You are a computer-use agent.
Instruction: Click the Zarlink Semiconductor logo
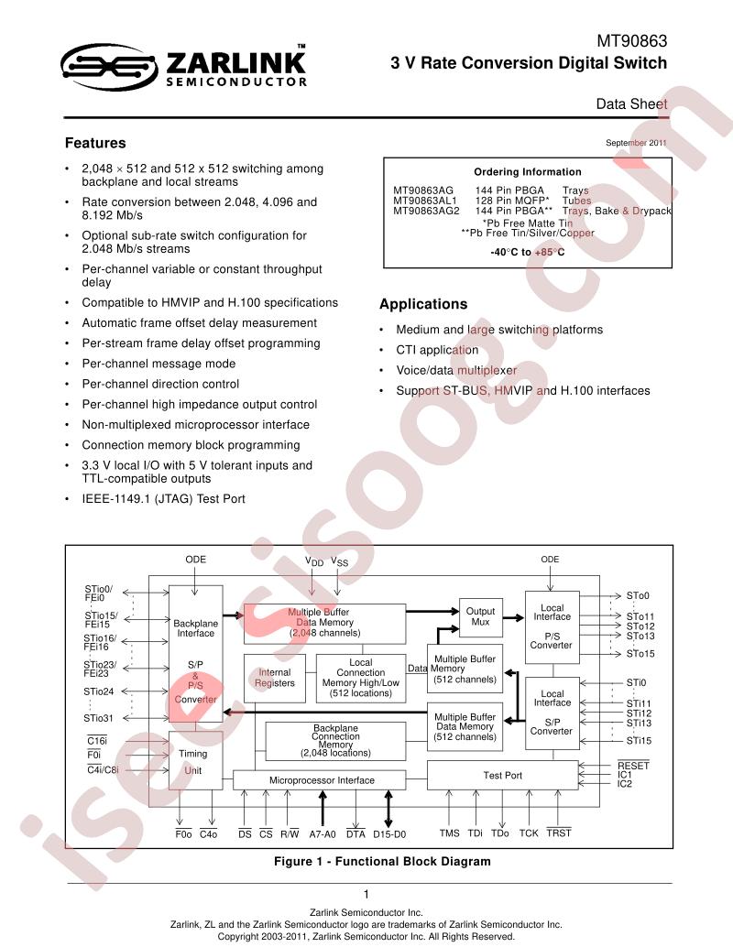click(x=183, y=67)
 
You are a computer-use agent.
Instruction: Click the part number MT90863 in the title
click(x=632, y=41)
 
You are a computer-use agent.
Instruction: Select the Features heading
click(x=95, y=143)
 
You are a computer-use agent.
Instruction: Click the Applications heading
click(x=423, y=304)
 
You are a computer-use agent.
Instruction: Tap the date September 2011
click(x=636, y=143)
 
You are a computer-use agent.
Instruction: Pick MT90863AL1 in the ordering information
click(x=425, y=201)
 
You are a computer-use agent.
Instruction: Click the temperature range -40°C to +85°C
click(x=528, y=252)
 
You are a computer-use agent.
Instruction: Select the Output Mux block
click(x=480, y=617)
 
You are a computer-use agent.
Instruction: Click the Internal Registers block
click(x=275, y=678)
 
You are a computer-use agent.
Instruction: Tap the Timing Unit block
click(x=195, y=760)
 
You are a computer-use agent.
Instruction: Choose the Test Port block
click(x=503, y=775)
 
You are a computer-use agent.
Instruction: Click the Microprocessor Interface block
click(x=323, y=780)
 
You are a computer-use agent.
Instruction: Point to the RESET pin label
click(x=633, y=766)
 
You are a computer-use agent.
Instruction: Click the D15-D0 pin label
click(x=389, y=834)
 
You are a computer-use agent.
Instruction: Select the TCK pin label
click(x=528, y=833)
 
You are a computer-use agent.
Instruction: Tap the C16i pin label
click(x=97, y=740)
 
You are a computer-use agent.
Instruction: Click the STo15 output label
click(x=640, y=654)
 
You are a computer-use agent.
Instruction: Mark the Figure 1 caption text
click(x=382, y=861)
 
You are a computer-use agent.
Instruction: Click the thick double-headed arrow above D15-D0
click(x=388, y=809)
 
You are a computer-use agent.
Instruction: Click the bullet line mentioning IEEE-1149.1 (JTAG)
click(x=164, y=499)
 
